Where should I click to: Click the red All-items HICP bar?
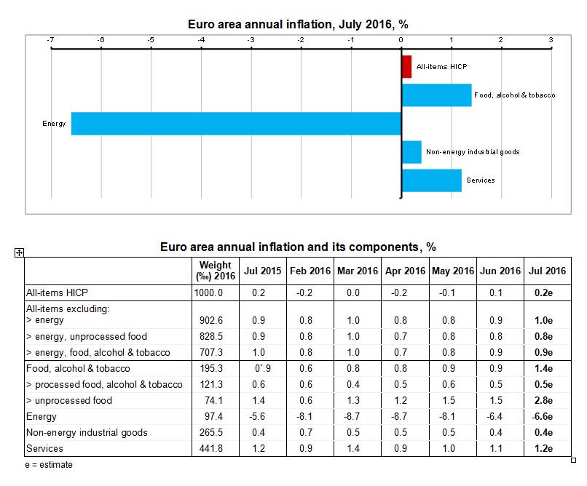[406, 67]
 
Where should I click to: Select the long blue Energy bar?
[236, 124]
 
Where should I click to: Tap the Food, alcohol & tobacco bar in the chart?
[436, 95]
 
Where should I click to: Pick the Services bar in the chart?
[431, 180]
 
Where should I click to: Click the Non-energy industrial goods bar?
[411, 152]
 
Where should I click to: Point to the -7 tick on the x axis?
[50, 39]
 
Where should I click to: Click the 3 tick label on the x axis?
[551, 39]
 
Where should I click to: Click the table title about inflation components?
[298, 247]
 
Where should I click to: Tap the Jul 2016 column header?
[547, 271]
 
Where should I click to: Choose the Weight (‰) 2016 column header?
[215, 271]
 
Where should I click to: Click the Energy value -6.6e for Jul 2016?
[547, 416]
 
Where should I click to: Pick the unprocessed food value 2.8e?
[547, 400]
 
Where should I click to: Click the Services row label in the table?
[45, 448]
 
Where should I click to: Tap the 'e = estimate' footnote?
[49, 464]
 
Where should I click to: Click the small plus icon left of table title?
[20, 252]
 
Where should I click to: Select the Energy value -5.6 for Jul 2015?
[263, 416]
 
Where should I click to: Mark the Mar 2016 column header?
[358, 271]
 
